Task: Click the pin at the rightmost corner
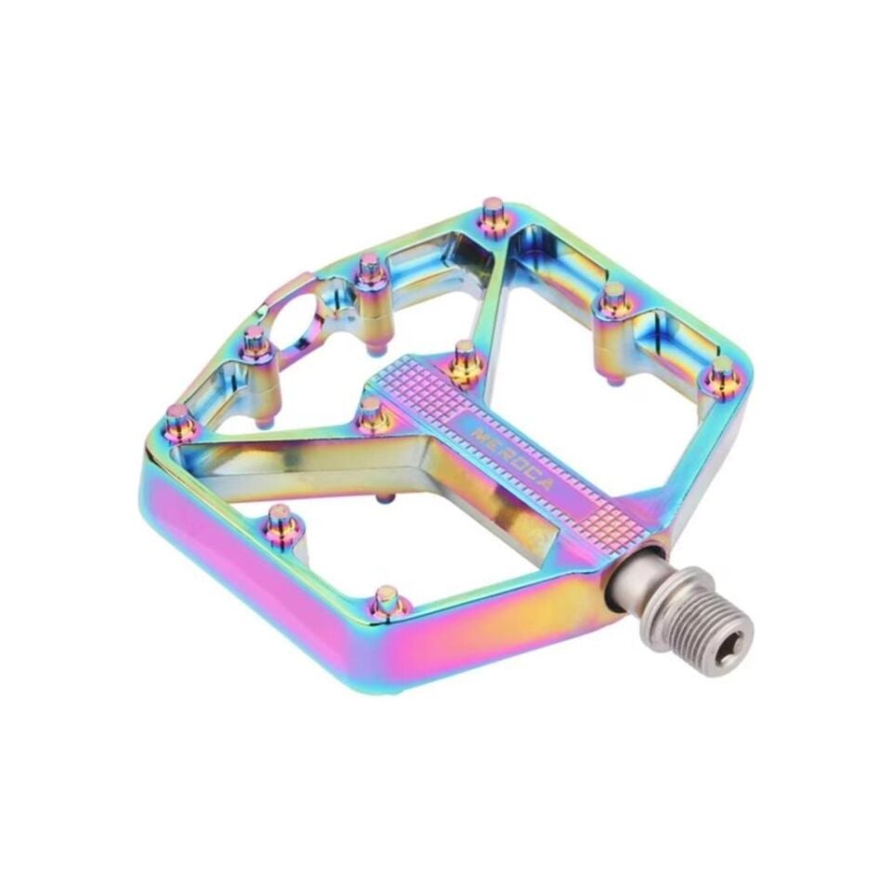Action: coord(719,377)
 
